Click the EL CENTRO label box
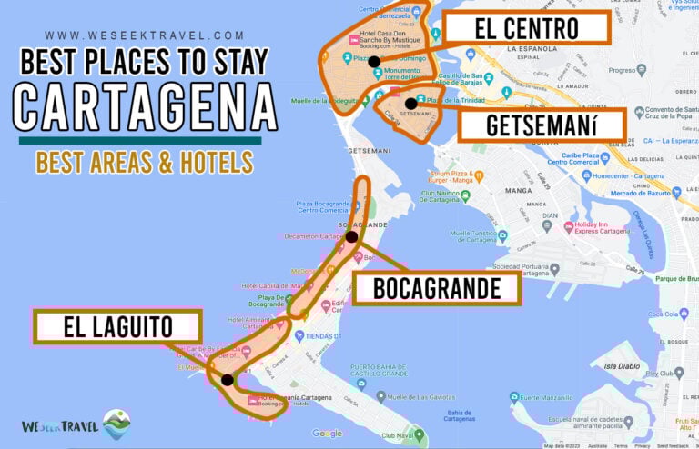526,29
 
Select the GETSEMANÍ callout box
541,125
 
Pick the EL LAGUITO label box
117,326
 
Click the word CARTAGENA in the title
145,105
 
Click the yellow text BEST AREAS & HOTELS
144,162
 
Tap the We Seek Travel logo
76,424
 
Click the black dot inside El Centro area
374,62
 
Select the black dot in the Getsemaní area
411,103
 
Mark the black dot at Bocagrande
351,236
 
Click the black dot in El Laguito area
226,380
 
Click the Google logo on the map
327,434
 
